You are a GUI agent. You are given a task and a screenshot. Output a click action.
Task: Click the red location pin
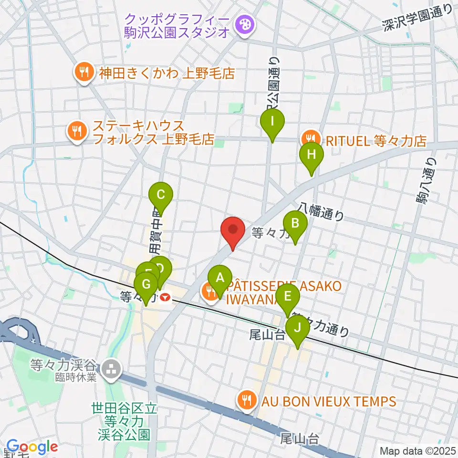pyautogui.click(x=233, y=230)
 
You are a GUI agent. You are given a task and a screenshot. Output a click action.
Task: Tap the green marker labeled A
pyautogui.click(x=220, y=278)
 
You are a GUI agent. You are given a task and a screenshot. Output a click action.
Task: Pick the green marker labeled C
pyautogui.click(x=161, y=195)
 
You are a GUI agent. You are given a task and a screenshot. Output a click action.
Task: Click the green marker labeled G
pyautogui.click(x=146, y=285)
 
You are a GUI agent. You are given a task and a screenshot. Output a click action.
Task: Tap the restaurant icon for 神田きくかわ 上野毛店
pyautogui.click(x=84, y=73)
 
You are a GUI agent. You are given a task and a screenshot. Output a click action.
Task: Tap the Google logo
pyautogui.click(x=32, y=447)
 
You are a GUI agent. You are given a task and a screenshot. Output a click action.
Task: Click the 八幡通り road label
pyautogui.click(x=321, y=210)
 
